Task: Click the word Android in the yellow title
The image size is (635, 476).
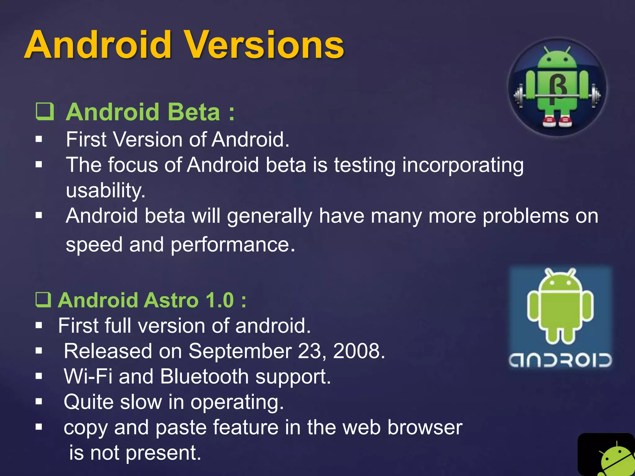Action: pyautogui.click(x=98, y=45)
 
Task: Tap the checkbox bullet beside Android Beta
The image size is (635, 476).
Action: pyautogui.click(x=45, y=112)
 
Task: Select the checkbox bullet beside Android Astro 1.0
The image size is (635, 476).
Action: pyautogui.click(x=43, y=300)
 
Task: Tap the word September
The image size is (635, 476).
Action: pyautogui.click(x=240, y=351)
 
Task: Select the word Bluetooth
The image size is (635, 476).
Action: pyautogui.click(x=204, y=377)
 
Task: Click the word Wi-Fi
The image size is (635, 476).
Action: pyautogui.click(x=88, y=377)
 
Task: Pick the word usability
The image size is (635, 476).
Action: pyautogui.click(x=105, y=190)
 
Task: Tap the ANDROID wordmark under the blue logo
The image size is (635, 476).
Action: pyautogui.click(x=560, y=360)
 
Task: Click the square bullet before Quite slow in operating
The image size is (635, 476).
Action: pyautogui.click(x=39, y=402)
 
